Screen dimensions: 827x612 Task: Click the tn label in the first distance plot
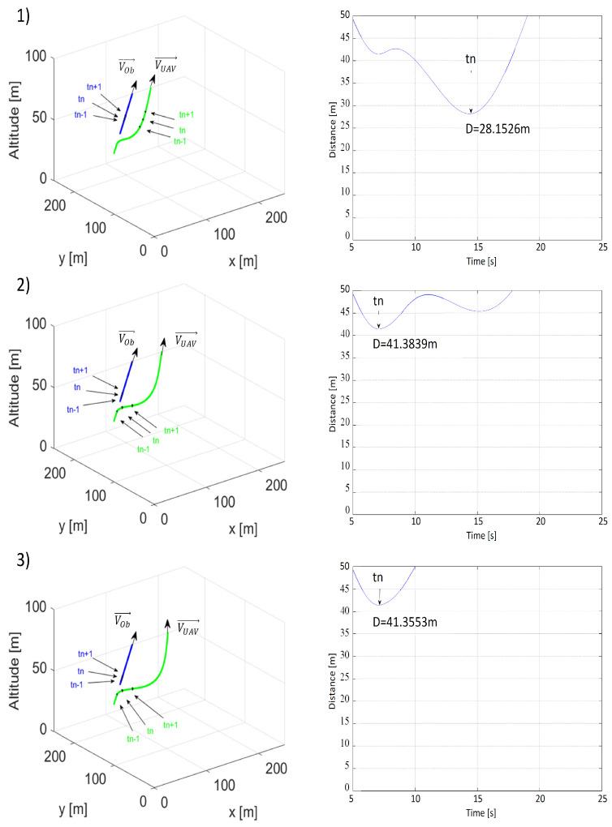(x=471, y=58)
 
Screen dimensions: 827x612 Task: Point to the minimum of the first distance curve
(x=471, y=113)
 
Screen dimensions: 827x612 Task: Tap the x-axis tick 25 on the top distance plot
(x=602, y=247)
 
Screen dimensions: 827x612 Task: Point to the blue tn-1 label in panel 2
(x=73, y=409)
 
